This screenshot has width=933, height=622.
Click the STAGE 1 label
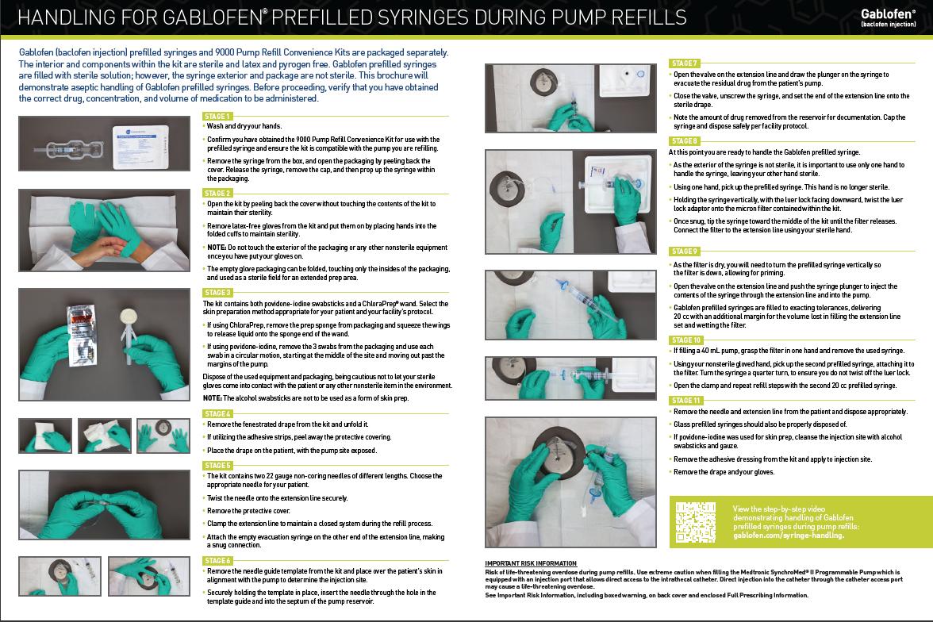pyautogui.click(x=217, y=117)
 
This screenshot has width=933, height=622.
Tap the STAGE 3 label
pyautogui.click(x=217, y=293)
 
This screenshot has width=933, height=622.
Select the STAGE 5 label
pyautogui.click(x=217, y=465)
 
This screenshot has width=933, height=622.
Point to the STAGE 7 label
pyautogui.click(x=684, y=63)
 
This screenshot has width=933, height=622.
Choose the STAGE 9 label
pyautogui.click(x=684, y=251)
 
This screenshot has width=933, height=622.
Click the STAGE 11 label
pyautogui.click(x=685, y=401)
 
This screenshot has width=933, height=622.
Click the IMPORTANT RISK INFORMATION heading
pyautogui.click(x=531, y=563)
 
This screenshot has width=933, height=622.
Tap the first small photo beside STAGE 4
pyautogui.click(x=44, y=436)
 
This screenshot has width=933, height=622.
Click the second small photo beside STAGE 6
pyautogui.click(x=148, y=576)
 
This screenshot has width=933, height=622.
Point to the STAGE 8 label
pyautogui.click(x=684, y=141)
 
